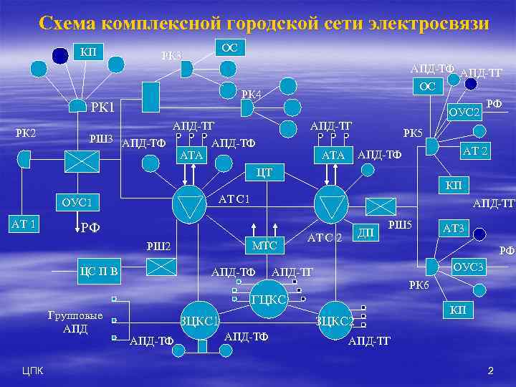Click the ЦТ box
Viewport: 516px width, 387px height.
(264, 172)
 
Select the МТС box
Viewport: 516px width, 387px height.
(265, 246)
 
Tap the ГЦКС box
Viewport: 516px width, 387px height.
(269, 300)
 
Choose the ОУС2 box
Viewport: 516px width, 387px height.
(463, 113)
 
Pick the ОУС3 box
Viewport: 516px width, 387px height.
(469, 267)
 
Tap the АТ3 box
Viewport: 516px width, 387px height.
(454, 229)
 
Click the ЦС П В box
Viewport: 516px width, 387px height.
(98, 272)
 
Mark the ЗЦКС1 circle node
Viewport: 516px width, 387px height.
(200, 320)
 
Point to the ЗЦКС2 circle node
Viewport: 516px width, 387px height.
(335, 320)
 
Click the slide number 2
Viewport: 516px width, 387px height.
(491, 371)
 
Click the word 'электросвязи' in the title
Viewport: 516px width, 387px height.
(429, 24)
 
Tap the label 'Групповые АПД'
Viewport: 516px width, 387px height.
(75, 322)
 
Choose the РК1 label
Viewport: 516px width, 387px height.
(102, 107)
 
